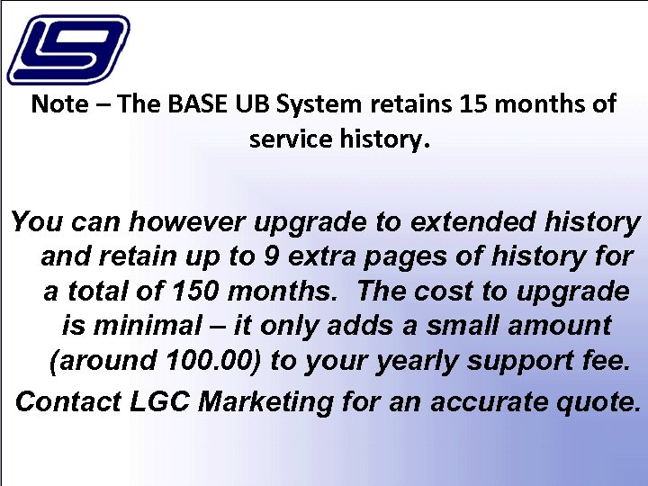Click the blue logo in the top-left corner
point(67,49)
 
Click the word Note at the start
point(59,103)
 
